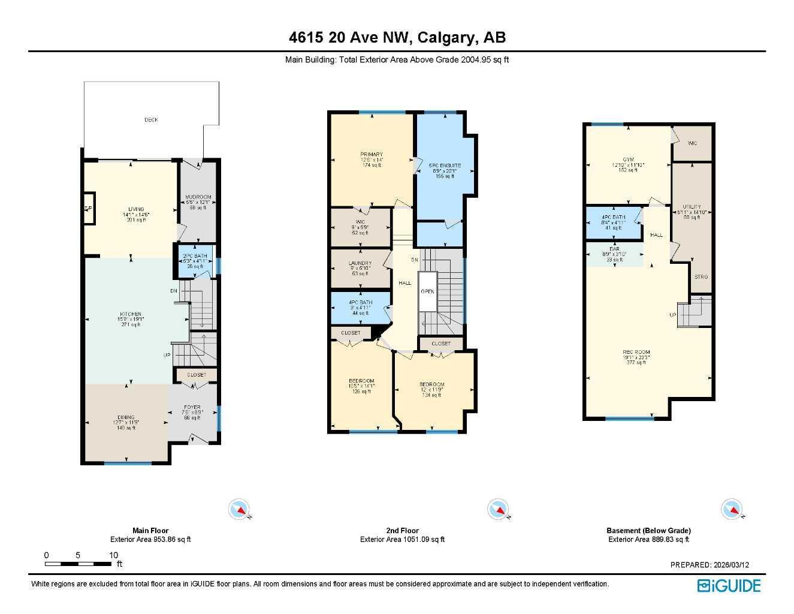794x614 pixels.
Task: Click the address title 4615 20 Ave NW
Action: pos(397,38)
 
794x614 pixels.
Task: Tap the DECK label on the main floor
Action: pos(151,120)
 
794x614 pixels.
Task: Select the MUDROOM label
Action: pos(198,197)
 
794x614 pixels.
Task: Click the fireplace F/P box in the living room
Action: pos(88,208)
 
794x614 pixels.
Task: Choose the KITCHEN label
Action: pos(130,314)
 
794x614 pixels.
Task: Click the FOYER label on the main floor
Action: pos(192,408)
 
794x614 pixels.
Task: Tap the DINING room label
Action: pos(126,417)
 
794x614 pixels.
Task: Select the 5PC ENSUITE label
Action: pos(445,165)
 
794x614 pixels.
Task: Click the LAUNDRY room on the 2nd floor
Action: pos(360,263)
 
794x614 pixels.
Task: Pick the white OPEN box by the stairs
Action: pos(427,291)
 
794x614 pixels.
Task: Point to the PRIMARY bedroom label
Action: pos(371,155)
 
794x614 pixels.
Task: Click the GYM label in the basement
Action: pos(627,159)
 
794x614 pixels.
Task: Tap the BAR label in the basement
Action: pos(614,248)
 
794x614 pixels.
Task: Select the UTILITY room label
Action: pos(692,207)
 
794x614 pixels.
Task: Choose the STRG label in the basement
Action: pos(701,277)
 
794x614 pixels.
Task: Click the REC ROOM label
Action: pos(636,353)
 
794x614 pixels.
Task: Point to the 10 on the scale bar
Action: pos(113,555)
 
